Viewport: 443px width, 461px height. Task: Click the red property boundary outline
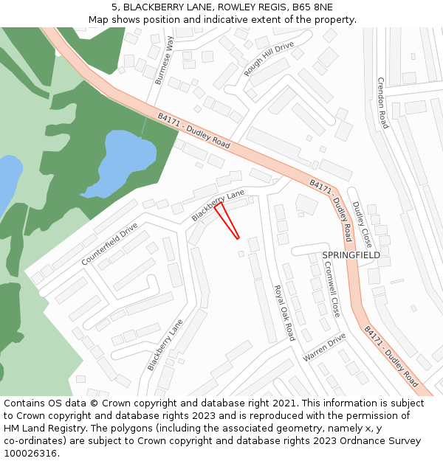tap(227, 220)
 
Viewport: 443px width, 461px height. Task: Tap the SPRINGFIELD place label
tap(351, 255)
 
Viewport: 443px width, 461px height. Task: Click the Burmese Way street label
tap(163, 60)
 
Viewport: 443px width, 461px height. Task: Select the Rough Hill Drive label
tap(269, 59)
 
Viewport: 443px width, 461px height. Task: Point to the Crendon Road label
tap(382, 103)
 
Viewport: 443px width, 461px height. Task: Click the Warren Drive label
tap(324, 347)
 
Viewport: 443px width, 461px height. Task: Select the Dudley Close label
tap(362, 224)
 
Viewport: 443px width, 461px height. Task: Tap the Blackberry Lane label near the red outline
tap(218, 204)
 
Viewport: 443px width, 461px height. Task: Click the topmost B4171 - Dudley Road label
tap(194, 131)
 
